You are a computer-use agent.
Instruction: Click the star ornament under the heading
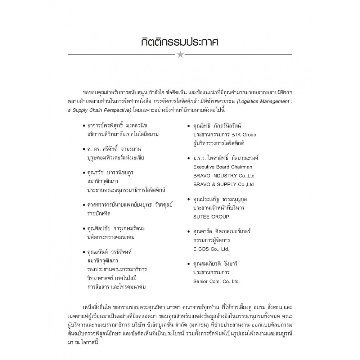click(x=180, y=55)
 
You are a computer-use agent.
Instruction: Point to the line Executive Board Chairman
click(x=222, y=167)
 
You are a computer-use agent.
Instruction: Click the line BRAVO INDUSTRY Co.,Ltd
click(x=223, y=176)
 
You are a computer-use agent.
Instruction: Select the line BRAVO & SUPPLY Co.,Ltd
click(x=223, y=184)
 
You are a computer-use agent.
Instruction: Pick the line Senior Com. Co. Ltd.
click(x=216, y=282)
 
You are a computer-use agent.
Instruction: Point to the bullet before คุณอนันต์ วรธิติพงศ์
click(x=84, y=252)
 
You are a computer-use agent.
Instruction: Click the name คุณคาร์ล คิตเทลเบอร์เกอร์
click(x=222, y=231)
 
